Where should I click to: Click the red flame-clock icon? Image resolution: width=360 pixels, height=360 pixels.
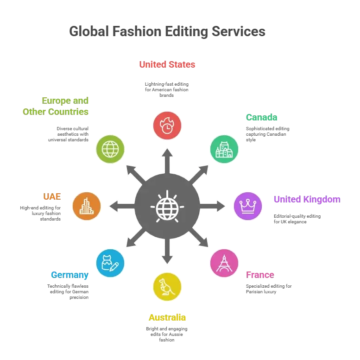[x=167, y=126]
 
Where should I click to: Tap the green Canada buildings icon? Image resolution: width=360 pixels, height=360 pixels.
[x=224, y=149]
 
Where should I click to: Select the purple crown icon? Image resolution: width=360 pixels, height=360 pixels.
[x=248, y=206]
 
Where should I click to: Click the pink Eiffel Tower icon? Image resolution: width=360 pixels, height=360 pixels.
[x=224, y=263]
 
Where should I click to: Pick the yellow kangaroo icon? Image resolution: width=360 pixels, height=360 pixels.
[x=167, y=287]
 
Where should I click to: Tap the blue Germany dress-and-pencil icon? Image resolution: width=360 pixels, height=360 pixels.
[x=110, y=263]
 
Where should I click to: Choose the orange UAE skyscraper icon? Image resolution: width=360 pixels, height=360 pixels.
[x=87, y=206]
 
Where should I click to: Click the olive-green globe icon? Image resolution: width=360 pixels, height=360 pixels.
[x=110, y=149]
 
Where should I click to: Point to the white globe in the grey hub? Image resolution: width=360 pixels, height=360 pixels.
[x=167, y=207]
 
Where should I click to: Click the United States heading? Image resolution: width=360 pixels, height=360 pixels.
[x=167, y=64]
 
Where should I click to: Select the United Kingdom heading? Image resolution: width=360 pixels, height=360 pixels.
[x=307, y=200]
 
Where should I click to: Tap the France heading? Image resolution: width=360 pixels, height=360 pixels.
[x=260, y=275]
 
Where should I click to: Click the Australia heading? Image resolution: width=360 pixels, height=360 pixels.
[x=167, y=317]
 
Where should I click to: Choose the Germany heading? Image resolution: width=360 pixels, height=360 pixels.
[x=69, y=275]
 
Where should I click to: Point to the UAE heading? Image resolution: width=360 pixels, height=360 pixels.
[x=52, y=196]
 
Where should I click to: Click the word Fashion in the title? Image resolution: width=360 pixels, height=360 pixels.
[x=137, y=31]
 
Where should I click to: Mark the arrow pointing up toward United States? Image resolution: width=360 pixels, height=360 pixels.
[x=167, y=161]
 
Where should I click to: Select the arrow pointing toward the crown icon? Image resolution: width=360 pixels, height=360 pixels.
[x=212, y=206]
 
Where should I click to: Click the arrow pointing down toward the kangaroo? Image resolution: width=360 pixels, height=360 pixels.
[x=167, y=251]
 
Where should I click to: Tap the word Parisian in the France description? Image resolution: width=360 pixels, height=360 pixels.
[x=254, y=292]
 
